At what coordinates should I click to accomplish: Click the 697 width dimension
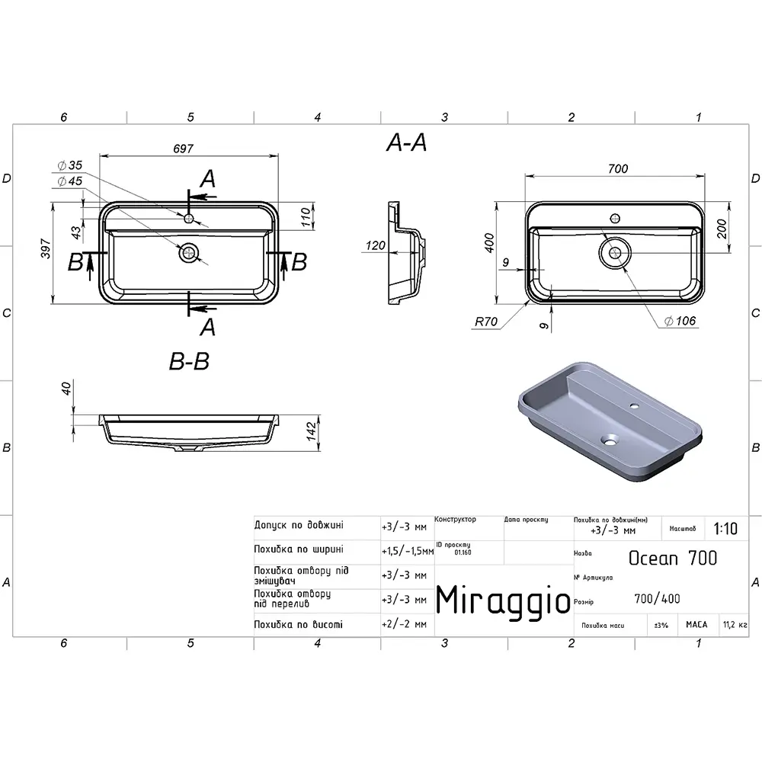pyautogui.click(x=183, y=149)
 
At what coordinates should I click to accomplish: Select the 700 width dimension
pyautogui.click(x=618, y=168)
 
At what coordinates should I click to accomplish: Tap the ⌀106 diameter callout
pyautogui.click(x=680, y=321)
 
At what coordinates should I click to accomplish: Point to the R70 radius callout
pyautogui.click(x=486, y=322)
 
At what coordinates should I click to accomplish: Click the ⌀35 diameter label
pyautogui.click(x=70, y=165)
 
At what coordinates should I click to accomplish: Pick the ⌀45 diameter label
pyautogui.click(x=70, y=181)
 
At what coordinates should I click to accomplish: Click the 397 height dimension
pyautogui.click(x=46, y=248)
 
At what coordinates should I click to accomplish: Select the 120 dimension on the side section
pyautogui.click(x=375, y=245)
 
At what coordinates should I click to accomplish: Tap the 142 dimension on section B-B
pyautogui.click(x=312, y=431)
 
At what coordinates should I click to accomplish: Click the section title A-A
pyautogui.click(x=406, y=142)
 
